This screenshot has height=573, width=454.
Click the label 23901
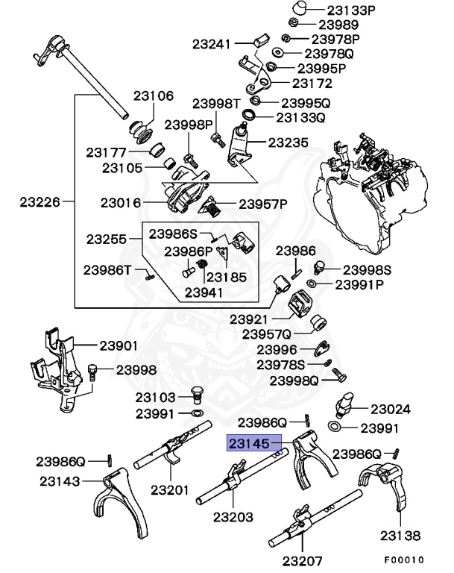tap(119, 345)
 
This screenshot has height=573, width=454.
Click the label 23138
tap(400, 535)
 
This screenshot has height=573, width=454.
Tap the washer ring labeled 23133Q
tap(250, 117)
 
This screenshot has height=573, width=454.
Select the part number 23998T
tap(216, 104)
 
